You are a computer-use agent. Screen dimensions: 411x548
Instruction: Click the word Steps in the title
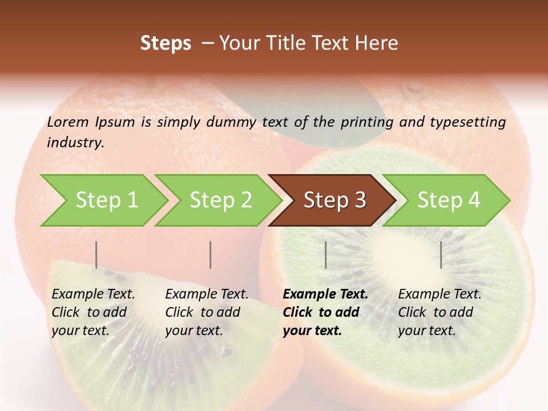point(166,43)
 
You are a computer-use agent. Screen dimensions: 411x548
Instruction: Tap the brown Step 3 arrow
point(335,200)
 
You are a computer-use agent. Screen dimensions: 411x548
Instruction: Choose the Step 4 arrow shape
point(449,200)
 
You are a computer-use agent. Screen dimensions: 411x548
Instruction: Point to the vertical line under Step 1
point(96,255)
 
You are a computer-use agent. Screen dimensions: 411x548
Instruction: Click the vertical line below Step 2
point(211,255)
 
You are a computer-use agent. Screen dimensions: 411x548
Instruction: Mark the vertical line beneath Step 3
point(325,255)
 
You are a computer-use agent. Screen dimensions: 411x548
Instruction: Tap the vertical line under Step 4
point(441,255)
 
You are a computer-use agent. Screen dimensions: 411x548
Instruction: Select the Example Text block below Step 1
point(93,312)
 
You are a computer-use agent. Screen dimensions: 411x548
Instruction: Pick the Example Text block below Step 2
point(207,312)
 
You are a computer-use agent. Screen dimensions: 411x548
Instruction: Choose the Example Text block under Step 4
point(440,312)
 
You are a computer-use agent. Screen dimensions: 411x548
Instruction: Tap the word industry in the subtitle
point(75,143)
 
